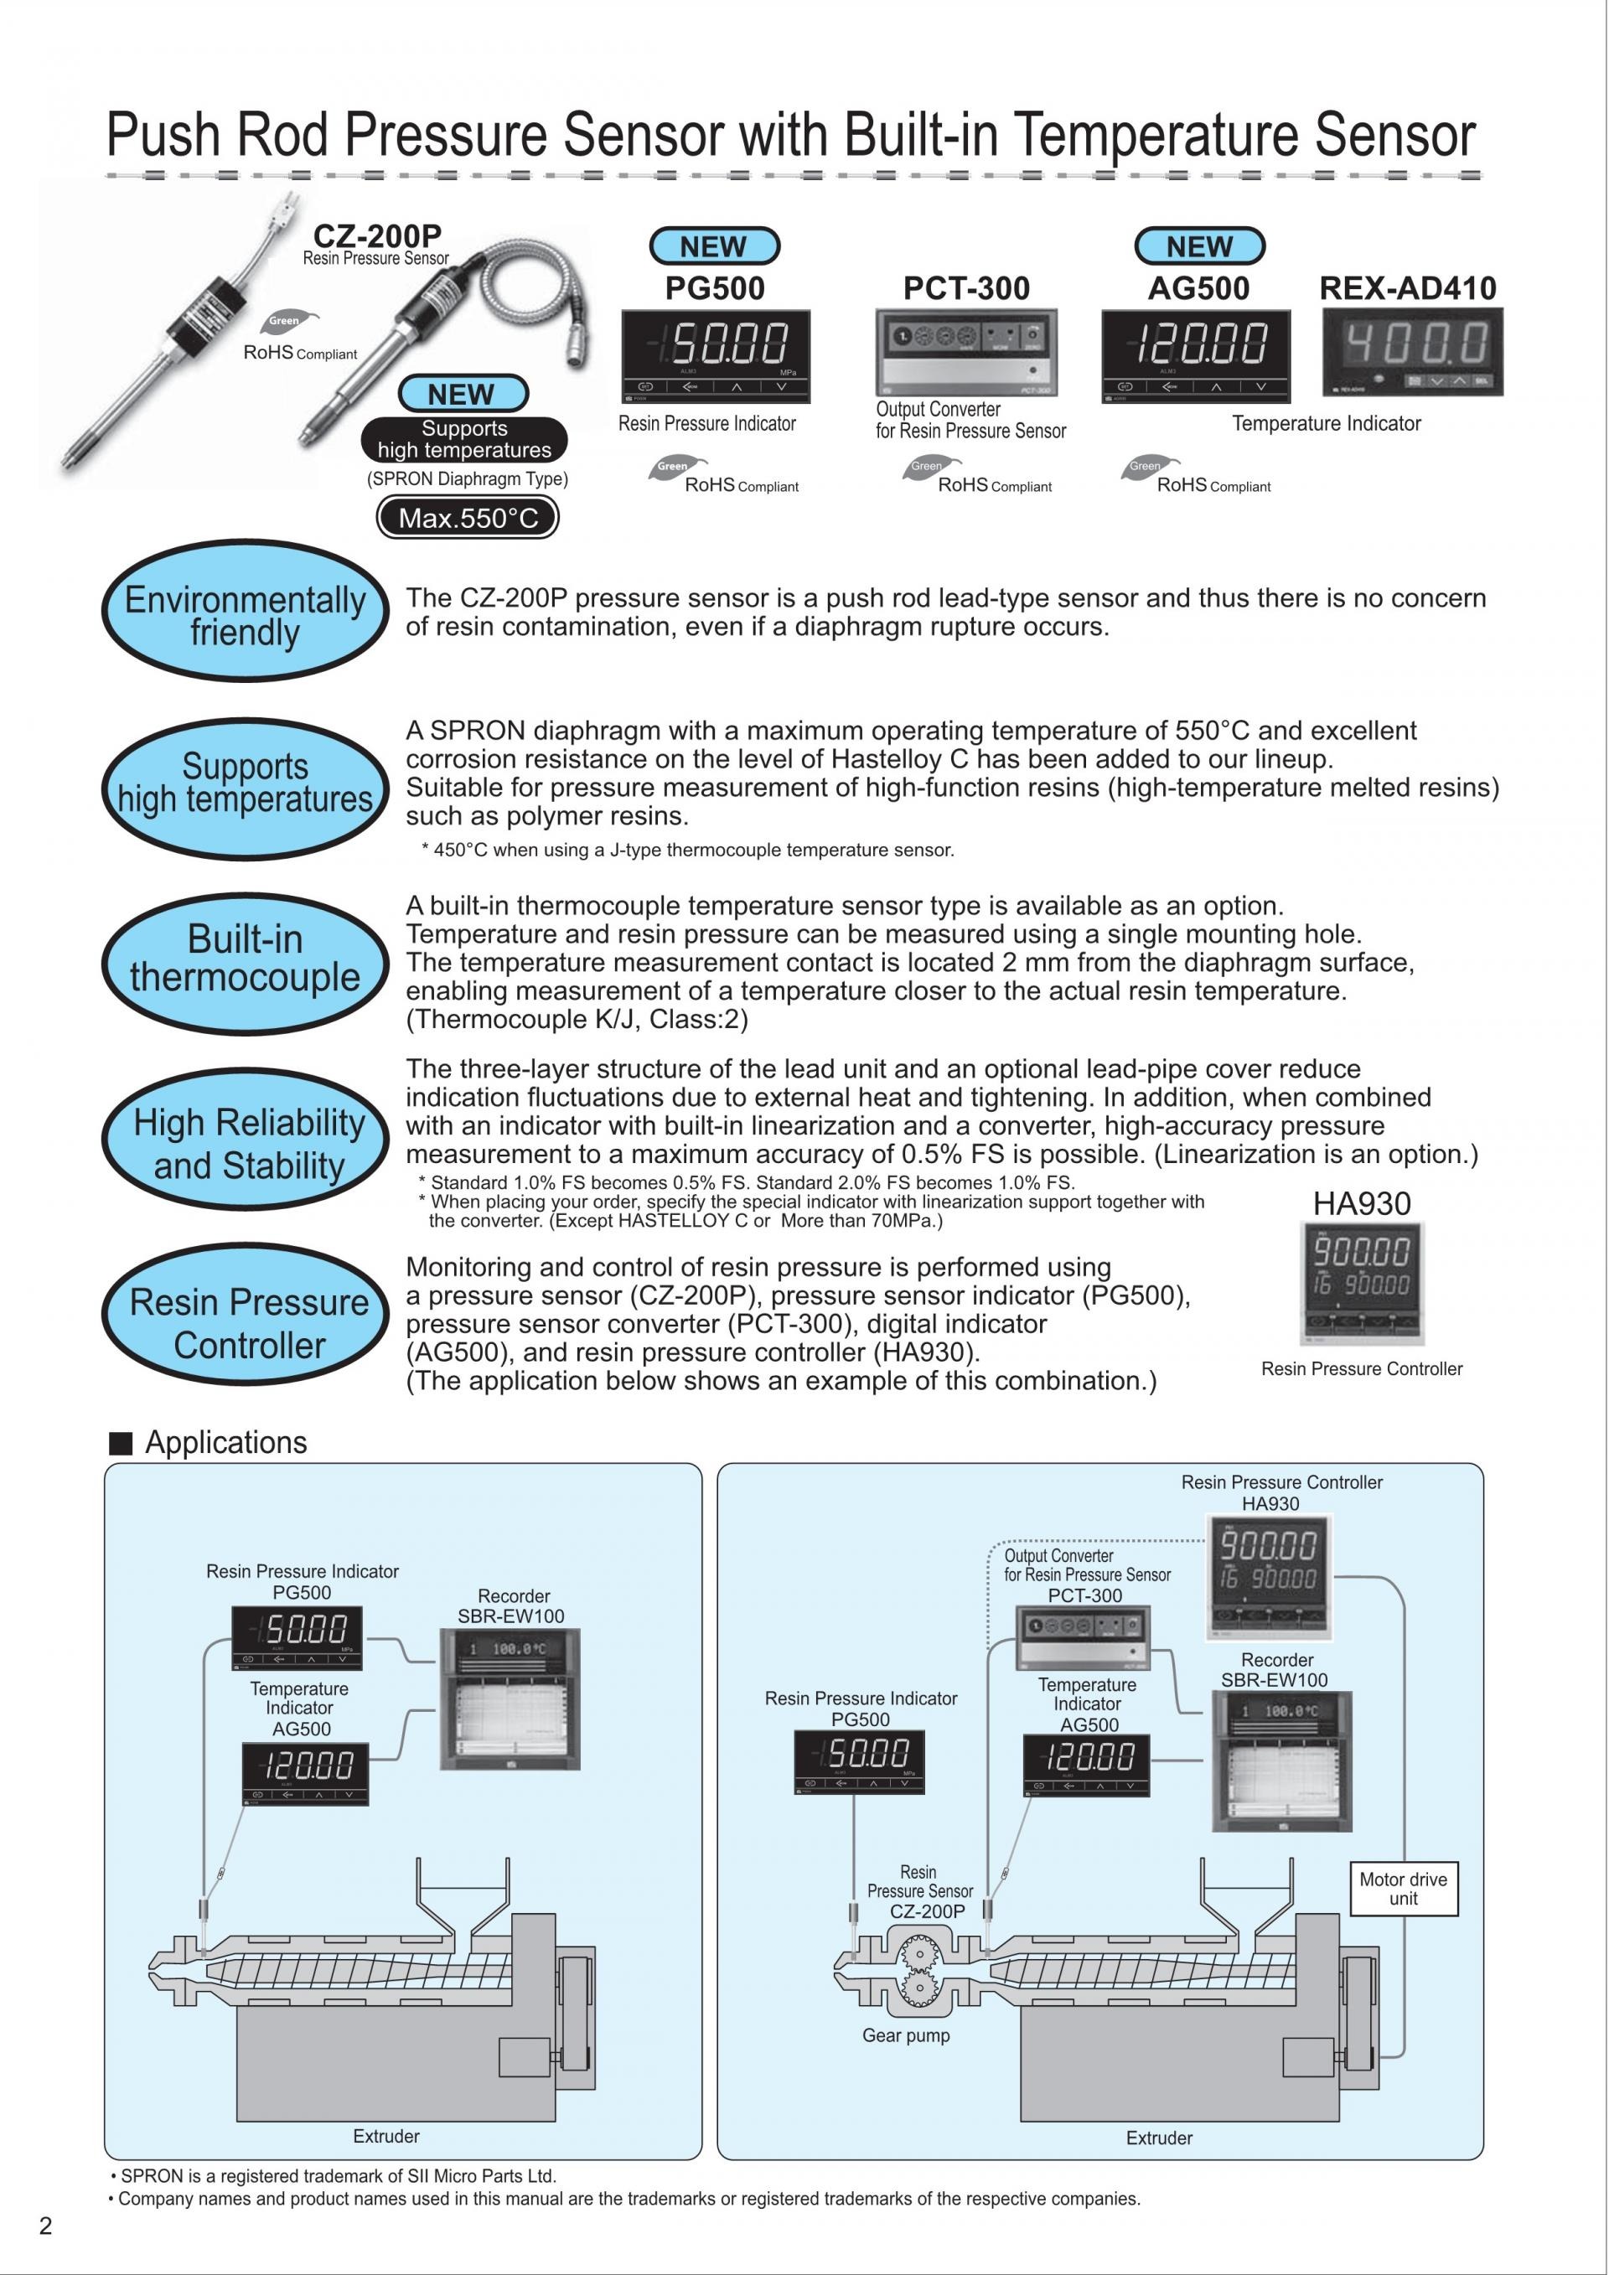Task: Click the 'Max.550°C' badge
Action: pyautogui.click(x=468, y=517)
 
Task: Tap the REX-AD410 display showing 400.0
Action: pyautogui.click(x=1412, y=352)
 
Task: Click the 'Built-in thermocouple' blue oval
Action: pyautogui.click(x=245, y=958)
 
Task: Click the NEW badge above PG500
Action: pyautogui.click(x=713, y=246)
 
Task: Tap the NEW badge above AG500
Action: pyautogui.click(x=1199, y=246)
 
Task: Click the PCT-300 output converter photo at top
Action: pyautogui.click(x=966, y=352)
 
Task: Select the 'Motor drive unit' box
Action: pyautogui.click(x=1402, y=1889)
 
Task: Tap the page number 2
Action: pyautogui.click(x=45, y=2226)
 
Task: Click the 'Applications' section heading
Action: pyautogui.click(x=226, y=1443)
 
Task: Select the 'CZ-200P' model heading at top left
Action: pyautogui.click(x=376, y=235)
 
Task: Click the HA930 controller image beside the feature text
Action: pyautogui.click(x=1361, y=1283)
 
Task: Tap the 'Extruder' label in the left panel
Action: pyautogui.click(x=386, y=2136)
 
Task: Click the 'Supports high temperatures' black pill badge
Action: pyautogui.click(x=463, y=439)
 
